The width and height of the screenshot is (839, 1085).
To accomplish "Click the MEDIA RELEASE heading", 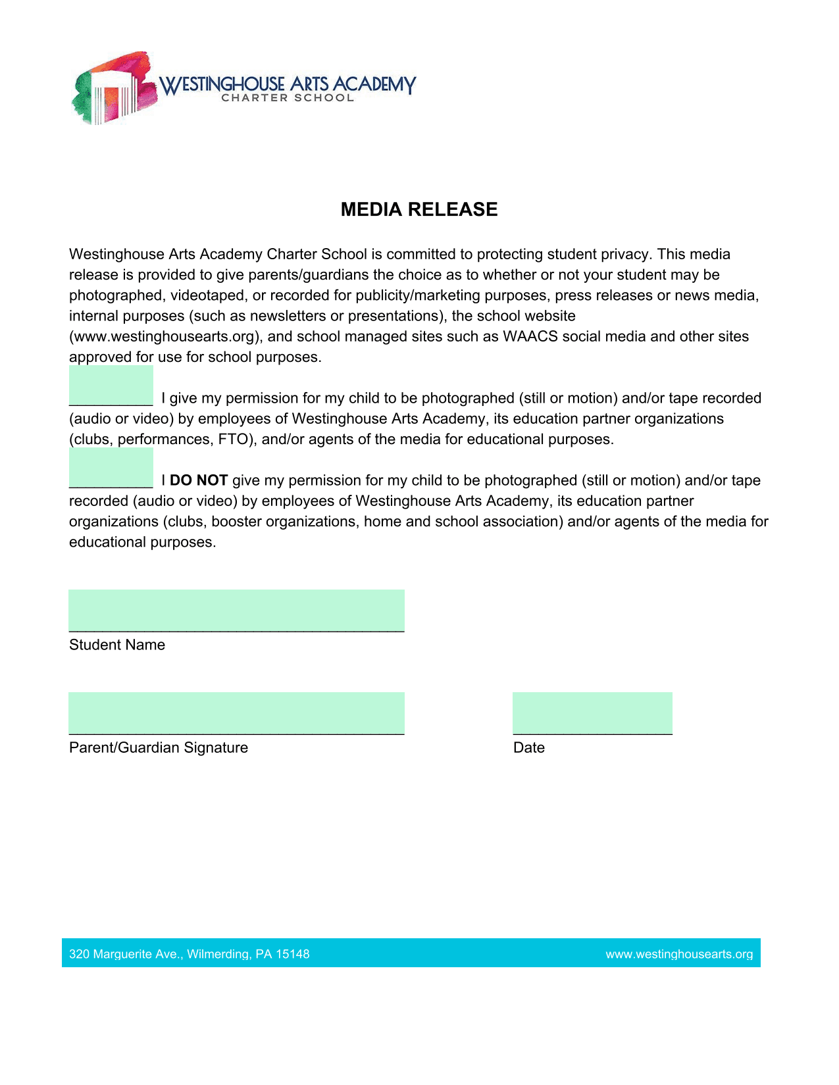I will (x=419, y=209).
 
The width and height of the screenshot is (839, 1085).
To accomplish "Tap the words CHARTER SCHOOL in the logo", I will (x=288, y=98).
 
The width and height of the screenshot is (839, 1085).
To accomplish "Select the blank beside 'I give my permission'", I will (x=111, y=386).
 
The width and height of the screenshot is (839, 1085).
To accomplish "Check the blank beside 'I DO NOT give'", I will (x=111, y=468).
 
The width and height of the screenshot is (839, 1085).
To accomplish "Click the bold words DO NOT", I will (x=199, y=480).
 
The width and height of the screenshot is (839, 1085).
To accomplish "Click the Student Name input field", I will (x=236, y=611).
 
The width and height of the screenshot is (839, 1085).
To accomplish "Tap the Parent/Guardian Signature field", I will (x=236, y=713).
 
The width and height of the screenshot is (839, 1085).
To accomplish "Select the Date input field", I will (x=592, y=713).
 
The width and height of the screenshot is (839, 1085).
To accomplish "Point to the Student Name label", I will (x=117, y=645).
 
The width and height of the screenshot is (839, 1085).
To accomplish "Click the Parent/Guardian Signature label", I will (x=159, y=747).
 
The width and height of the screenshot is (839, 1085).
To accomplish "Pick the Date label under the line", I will (x=529, y=747).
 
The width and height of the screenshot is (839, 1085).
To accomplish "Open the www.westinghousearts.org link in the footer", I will (x=679, y=954).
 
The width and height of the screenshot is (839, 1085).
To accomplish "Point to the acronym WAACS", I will (x=530, y=336).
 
